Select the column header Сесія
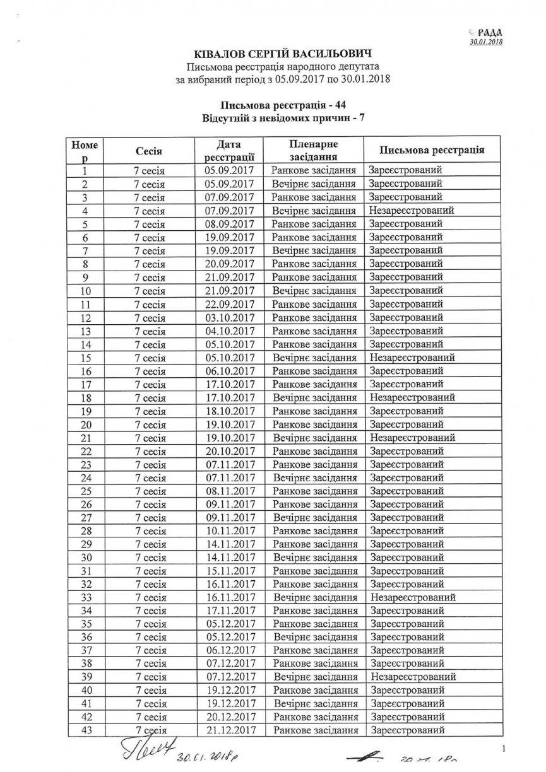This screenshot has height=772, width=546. click(149, 151)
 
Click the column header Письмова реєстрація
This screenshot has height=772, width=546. click(432, 150)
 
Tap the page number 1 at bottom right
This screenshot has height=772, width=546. click(506, 749)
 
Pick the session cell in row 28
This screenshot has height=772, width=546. click(150, 530)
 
